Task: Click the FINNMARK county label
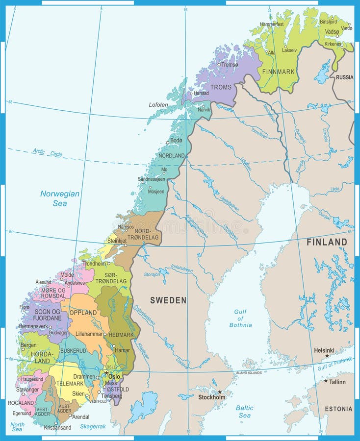(x=279, y=72)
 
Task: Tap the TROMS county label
(x=221, y=87)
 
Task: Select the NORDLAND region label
(x=172, y=155)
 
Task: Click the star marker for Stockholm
(x=220, y=392)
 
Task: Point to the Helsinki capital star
(x=327, y=355)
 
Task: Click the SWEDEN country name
(x=168, y=300)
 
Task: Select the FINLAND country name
(x=327, y=242)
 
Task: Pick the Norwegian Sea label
(x=60, y=198)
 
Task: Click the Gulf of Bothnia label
(x=240, y=318)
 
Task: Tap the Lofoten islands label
(x=158, y=105)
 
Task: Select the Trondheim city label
(x=95, y=263)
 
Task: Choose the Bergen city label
(x=28, y=345)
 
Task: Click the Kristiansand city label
(x=57, y=427)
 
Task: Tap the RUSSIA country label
(x=344, y=77)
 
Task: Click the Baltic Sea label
(x=244, y=412)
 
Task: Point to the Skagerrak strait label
(x=93, y=426)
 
